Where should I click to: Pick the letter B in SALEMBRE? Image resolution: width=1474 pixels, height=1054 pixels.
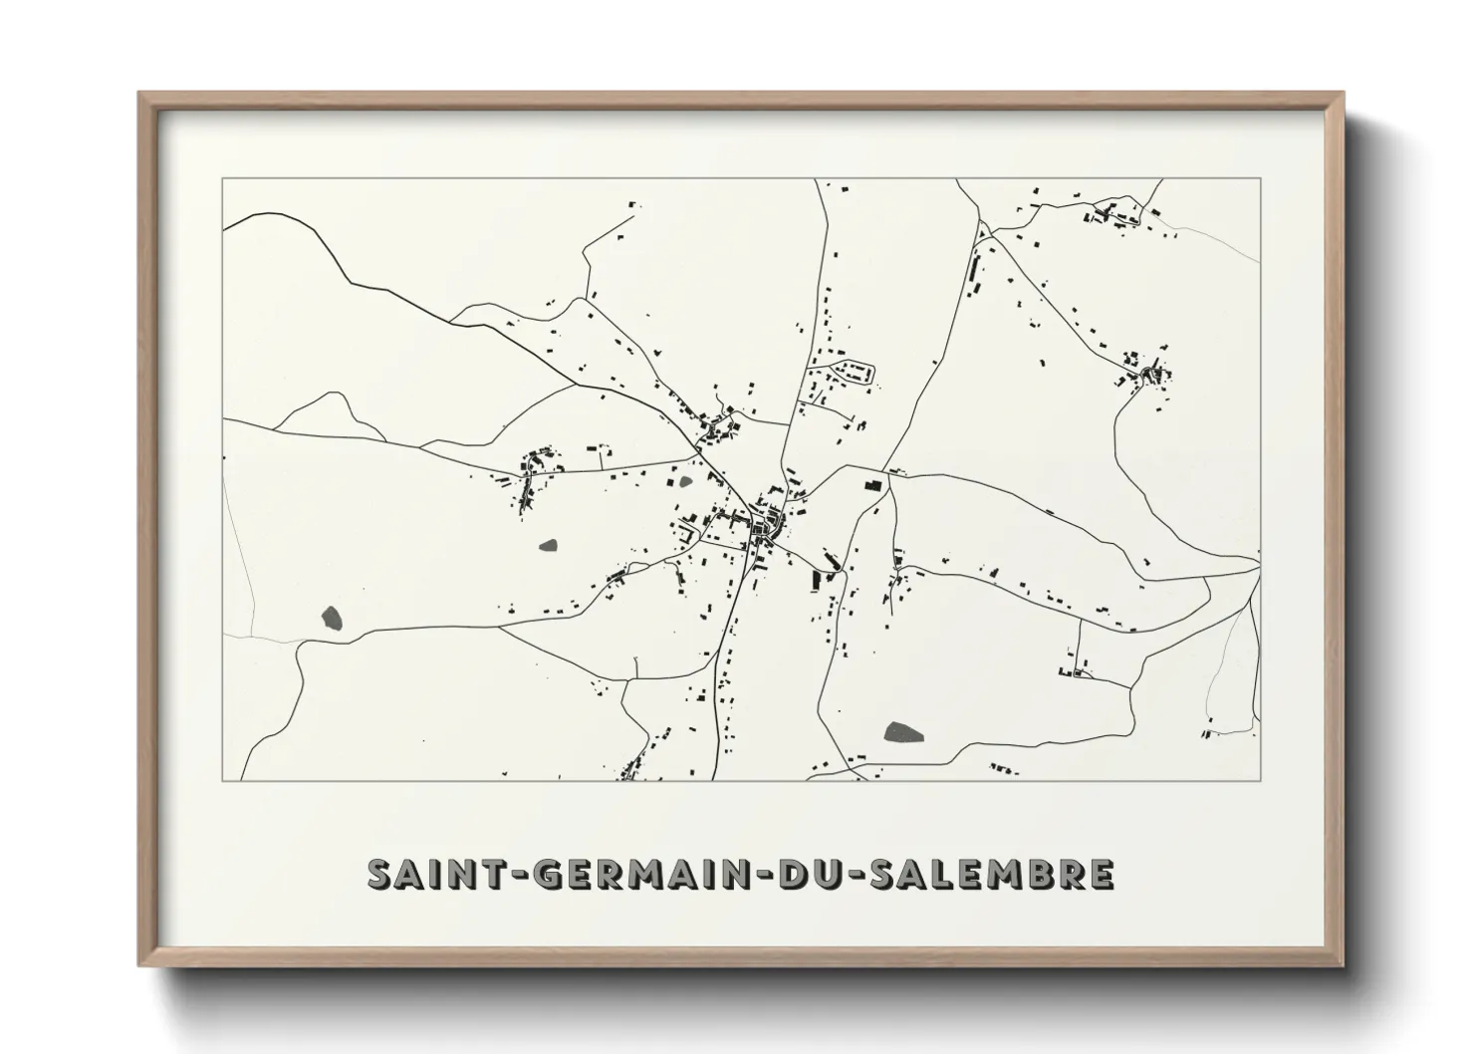(1037, 874)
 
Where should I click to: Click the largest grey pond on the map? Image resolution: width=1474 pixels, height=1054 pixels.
(903, 732)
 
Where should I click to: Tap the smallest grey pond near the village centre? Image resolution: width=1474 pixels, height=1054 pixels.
(685, 483)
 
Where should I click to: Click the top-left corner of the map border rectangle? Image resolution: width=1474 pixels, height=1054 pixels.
(222, 178)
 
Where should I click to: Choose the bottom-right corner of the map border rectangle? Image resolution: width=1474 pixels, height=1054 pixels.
(1261, 780)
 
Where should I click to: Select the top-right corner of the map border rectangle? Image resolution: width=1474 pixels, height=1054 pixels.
(1261, 178)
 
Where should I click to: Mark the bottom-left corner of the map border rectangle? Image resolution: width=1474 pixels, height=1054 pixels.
(222, 780)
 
